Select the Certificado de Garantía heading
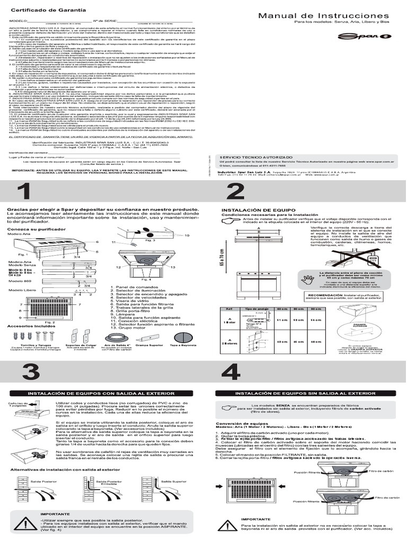point(42,10)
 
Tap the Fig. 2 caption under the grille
point(50,322)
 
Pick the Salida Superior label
point(171,481)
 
